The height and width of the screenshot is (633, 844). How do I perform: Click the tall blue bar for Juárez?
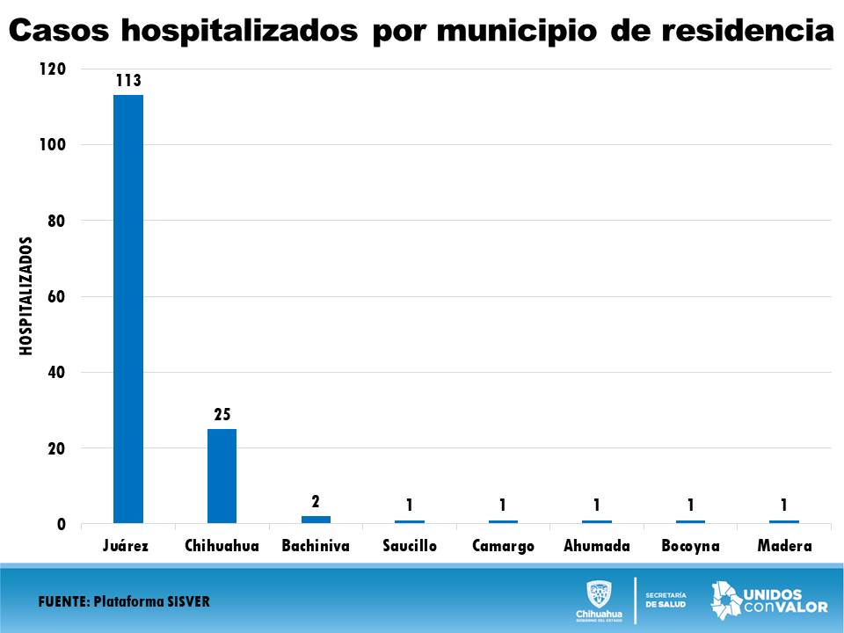pyautogui.click(x=128, y=308)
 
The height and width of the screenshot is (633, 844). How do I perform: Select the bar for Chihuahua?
pyautogui.click(x=222, y=476)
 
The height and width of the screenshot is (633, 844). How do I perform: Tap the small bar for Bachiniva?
pyautogui.click(x=316, y=520)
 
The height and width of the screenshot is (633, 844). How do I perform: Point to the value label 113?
pyautogui.click(x=128, y=81)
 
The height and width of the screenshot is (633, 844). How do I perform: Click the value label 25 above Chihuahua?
pyautogui.click(x=222, y=414)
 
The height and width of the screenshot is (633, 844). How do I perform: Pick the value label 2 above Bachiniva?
pyautogui.click(x=316, y=501)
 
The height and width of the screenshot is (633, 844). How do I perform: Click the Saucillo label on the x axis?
pyautogui.click(x=410, y=546)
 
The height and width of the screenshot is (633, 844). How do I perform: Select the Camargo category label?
pyautogui.click(x=503, y=546)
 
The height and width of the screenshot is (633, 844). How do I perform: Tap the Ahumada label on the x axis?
pyautogui.click(x=597, y=546)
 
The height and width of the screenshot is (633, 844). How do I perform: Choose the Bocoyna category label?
pyautogui.click(x=690, y=546)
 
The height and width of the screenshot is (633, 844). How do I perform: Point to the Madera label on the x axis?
pyautogui.click(x=784, y=546)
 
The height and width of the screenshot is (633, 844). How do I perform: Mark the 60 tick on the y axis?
pyautogui.click(x=56, y=296)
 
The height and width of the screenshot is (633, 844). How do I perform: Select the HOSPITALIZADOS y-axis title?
pyautogui.click(x=26, y=296)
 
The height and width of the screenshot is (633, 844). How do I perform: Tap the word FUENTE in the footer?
pyautogui.click(x=63, y=601)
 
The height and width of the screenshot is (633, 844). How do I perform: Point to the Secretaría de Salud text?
pyautogui.click(x=666, y=600)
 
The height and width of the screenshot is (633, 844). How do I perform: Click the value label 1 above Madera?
pyautogui.click(x=784, y=505)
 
